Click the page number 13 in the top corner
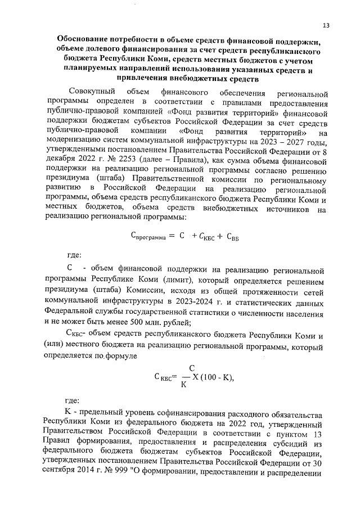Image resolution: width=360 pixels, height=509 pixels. coord(326,25)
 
